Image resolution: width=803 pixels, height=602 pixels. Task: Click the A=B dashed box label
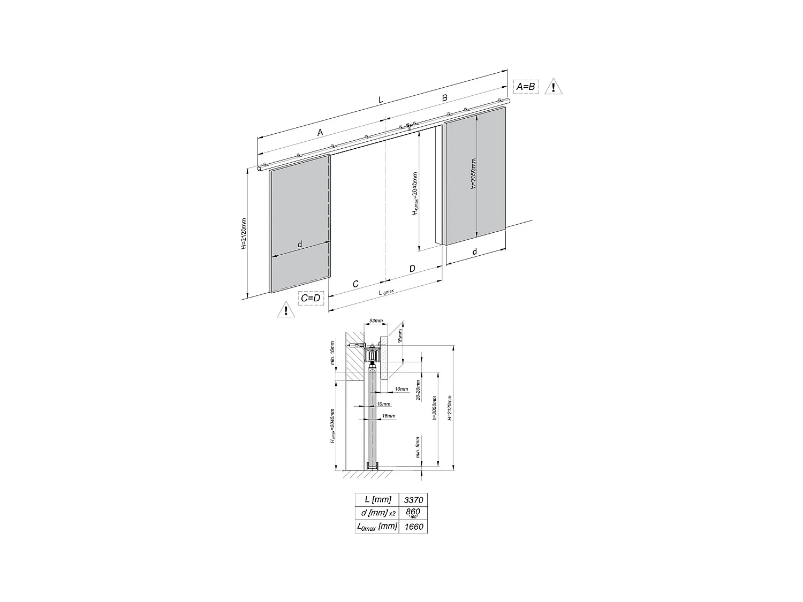point(525,86)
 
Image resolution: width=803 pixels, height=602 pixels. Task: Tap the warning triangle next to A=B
point(553,87)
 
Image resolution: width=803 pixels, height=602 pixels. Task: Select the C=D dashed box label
point(310,298)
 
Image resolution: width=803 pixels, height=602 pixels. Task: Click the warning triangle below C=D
point(286,310)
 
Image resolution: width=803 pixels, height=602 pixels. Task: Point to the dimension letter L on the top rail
point(381,100)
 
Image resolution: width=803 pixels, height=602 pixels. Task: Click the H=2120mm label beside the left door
point(244,233)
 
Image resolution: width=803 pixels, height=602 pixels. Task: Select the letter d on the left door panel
point(299,244)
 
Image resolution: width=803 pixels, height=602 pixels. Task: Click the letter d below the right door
point(475,252)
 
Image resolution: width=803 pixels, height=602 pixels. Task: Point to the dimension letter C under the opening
point(355,284)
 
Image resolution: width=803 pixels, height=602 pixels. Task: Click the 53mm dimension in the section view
point(376,321)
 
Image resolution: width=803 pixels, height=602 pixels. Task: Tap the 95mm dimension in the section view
point(400,336)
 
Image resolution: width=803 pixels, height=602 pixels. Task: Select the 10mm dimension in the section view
point(383,404)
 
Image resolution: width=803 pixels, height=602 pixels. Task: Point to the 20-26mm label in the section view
point(418,391)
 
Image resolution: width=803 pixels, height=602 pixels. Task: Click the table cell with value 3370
point(413,500)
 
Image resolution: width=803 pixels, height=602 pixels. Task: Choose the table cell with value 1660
point(413,527)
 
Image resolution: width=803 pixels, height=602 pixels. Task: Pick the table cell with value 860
point(413,513)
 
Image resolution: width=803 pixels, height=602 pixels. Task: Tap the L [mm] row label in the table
point(377,500)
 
